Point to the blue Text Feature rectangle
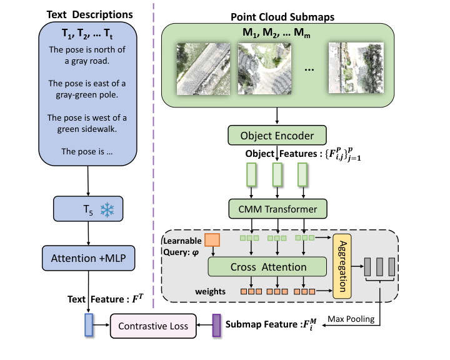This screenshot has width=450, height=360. pyautogui.click(x=88, y=326)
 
